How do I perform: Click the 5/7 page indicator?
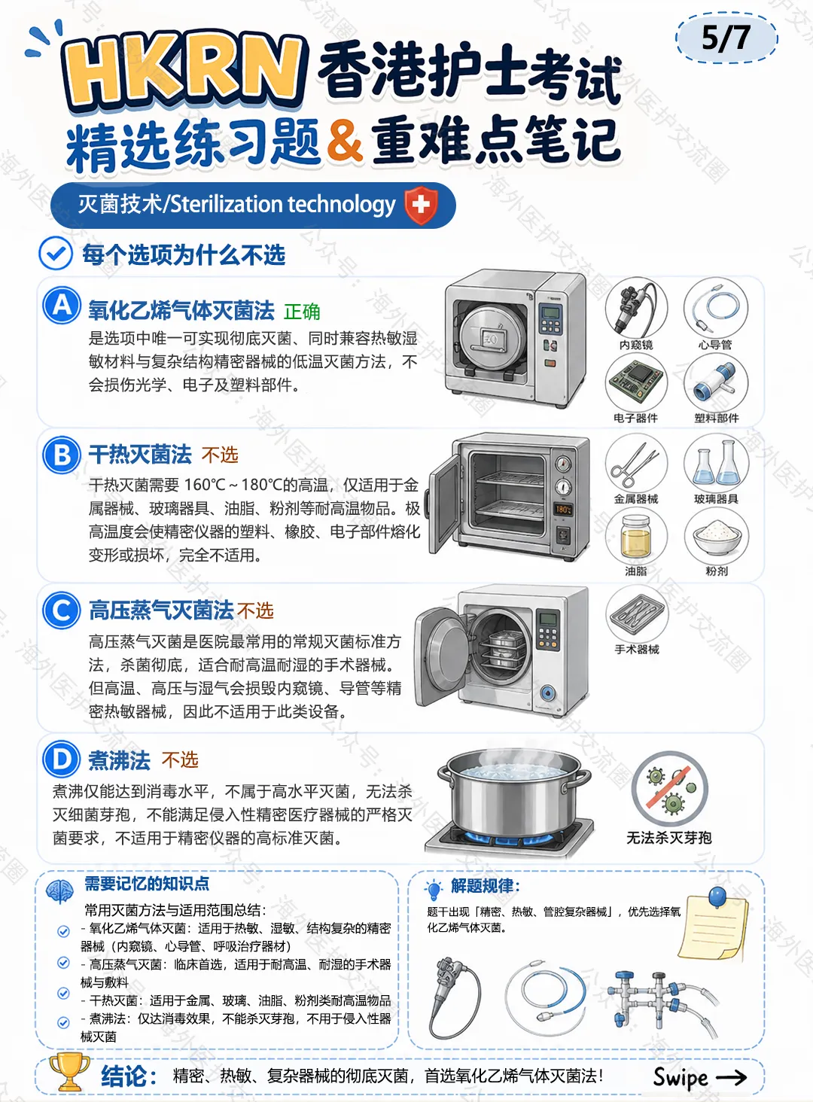726,38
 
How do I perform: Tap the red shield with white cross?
421,205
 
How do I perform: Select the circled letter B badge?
62,455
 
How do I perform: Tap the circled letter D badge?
62,759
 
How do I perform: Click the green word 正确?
302,312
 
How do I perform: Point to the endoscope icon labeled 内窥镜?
636,307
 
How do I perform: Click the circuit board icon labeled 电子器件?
636,383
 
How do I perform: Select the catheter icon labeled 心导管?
716,307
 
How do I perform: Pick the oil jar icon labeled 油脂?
636,536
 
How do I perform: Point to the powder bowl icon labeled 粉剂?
716,536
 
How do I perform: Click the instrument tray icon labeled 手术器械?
636,615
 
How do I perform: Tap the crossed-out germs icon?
669,788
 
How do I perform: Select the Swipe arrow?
731,1077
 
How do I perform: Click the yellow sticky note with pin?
714,925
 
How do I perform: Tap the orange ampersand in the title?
345,142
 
